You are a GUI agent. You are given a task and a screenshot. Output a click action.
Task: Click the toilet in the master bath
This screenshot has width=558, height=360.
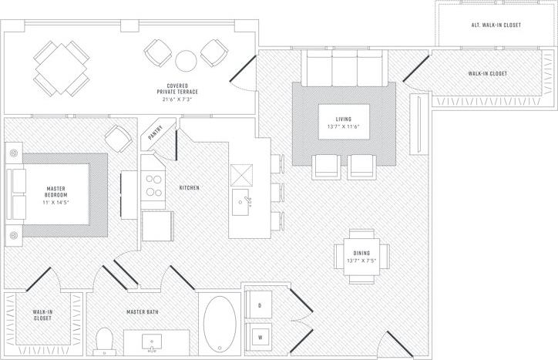pyautogui.click(x=105, y=340)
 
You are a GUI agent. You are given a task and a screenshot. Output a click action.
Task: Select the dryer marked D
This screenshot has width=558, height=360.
pyautogui.click(x=260, y=306)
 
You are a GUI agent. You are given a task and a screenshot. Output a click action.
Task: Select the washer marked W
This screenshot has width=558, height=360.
pyautogui.click(x=260, y=337)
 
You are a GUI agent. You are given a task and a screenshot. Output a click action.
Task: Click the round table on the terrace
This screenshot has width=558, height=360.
pyautogui.click(x=187, y=59)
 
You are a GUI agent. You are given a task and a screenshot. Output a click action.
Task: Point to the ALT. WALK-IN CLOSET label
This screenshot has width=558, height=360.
pyautogui.click(x=496, y=25)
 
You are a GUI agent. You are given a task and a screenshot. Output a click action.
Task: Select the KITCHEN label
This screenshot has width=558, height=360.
pyautogui.click(x=190, y=187)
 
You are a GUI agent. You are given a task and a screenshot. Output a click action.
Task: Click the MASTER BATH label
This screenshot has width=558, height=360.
pyautogui.click(x=143, y=312)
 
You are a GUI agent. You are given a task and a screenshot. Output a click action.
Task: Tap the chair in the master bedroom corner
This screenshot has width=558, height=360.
pyautogui.click(x=119, y=139)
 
